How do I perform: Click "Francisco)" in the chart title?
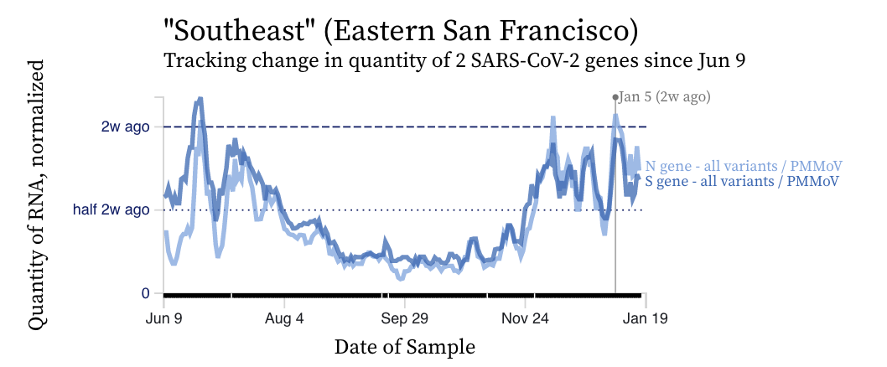(x=569, y=34)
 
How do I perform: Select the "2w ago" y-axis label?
(x=125, y=127)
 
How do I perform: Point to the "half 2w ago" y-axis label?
(x=111, y=210)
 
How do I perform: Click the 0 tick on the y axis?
(x=145, y=293)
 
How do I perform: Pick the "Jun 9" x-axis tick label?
(x=164, y=318)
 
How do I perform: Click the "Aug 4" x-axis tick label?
(x=284, y=318)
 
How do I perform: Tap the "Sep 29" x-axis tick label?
(x=405, y=318)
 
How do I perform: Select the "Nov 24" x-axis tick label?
(x=525, y=318)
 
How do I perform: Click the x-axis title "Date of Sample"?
(x=405, y=347)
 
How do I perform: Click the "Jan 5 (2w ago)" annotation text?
(x=665, y=97)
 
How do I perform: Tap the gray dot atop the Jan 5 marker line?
(x=615, y=97)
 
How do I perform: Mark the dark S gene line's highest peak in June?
(x=200, y=99)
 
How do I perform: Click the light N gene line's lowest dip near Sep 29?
(x=400, y=278)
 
